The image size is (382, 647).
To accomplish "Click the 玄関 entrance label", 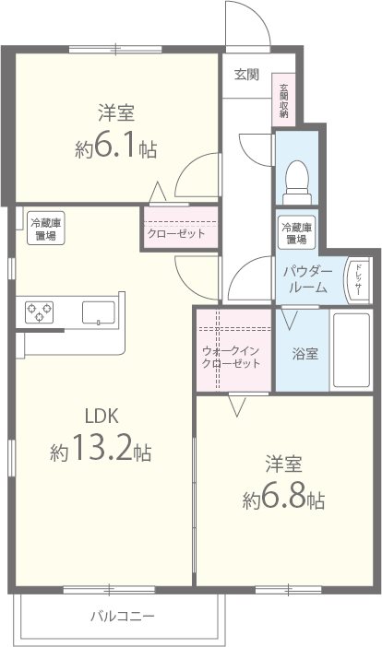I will [x=246, y=75].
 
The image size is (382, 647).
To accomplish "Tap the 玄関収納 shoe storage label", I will [x=284, y=100].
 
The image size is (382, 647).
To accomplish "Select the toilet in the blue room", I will [x=298, y=178].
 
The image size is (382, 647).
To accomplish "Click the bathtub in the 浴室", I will [x=350, y=349].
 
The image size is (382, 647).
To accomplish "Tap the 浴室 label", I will [x=304, y=352].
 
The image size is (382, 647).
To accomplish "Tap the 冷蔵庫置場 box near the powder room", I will [x=296, y=233].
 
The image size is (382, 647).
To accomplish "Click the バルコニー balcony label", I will [x=122, y=616].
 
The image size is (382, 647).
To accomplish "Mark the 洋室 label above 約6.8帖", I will [x=284, y=463].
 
